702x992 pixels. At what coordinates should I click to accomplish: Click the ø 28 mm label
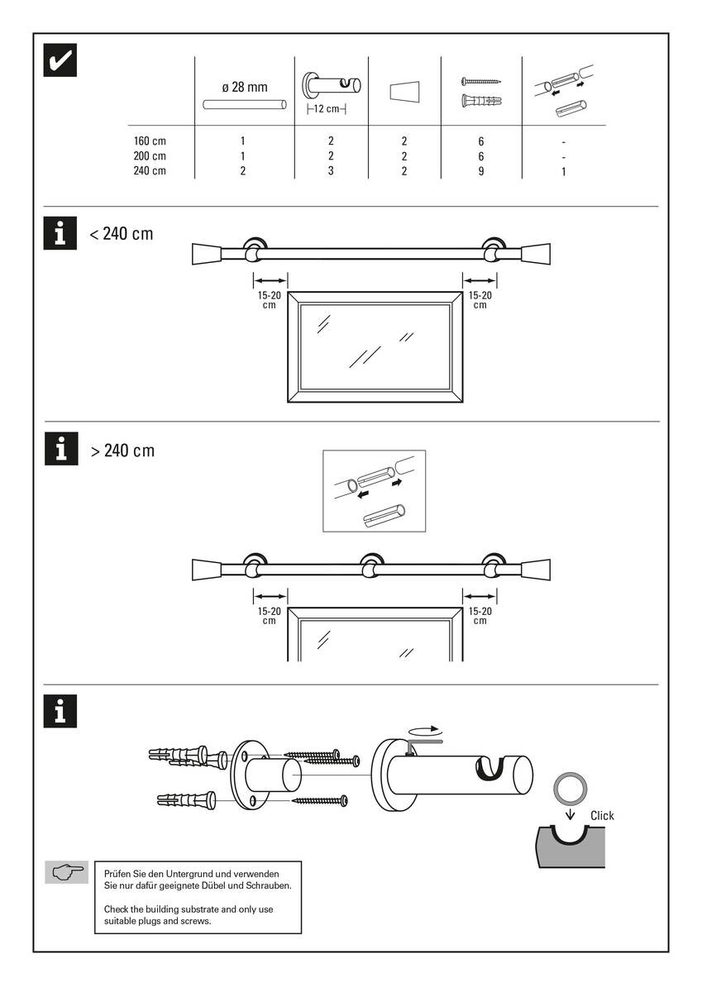pyautogui.click(x=245, y=86)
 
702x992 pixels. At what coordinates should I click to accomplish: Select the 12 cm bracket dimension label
pyautogui.click(x=326, y=109)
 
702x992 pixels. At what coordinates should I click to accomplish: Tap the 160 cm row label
pyautogui.click(x=150, y=141)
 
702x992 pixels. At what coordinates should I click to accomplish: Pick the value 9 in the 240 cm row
pyautogui.click(x=480, y=171)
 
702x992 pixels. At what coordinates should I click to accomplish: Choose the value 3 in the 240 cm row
pyautogui.click(x=331, y=171)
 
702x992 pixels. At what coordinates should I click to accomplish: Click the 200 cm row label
pyautogui.click(x=150, y=156)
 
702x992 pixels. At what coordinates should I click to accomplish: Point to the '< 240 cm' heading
pyautogui.click(x=122, y=234)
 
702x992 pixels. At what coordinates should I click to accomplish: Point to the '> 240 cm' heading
pyautogui.click(x=122, y=451)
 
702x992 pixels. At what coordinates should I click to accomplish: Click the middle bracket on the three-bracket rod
pyautogui.click(x=369, y=568)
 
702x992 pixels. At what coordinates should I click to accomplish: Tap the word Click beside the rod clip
pyautogui.click(x=602, y=816)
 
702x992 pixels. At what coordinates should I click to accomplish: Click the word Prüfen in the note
pyautogui.click(x=120, y=874)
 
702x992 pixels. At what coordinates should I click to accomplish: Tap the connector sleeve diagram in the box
pyautogui.click(x=373, y=491)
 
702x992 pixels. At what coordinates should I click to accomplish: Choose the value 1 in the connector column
pyautogui.click(x=563, y=171)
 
